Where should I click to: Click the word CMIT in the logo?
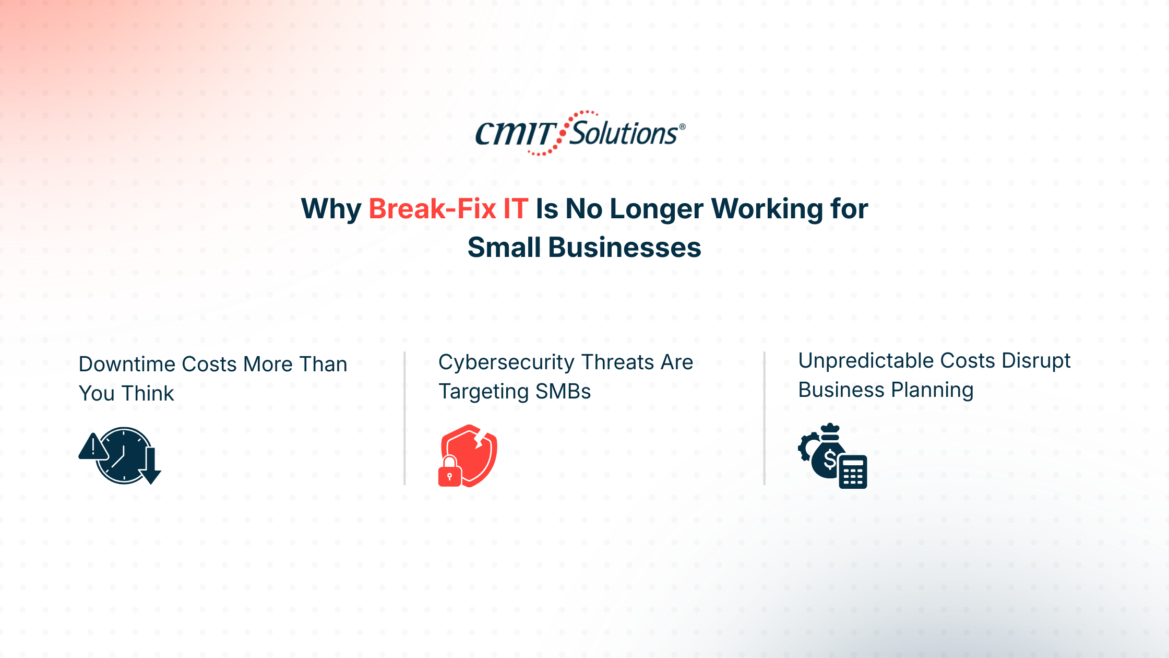(x=515, y=134)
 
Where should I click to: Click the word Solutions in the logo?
(x=623, y=134)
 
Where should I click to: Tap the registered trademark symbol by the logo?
(x=682, y=127)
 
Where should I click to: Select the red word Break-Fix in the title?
(x=432, y=209)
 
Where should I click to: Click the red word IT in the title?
(x=516, y=209)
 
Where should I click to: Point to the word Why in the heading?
(x=331, y=209)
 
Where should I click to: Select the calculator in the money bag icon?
(x=853, y=472)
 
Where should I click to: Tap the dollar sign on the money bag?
(x=829, y=460)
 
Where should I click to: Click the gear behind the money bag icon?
(x=806, y=447)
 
